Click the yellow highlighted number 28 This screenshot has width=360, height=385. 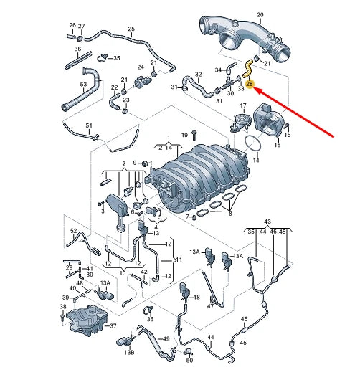pyautogui.click(x=249, y=85)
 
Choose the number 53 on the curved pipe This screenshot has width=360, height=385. pyautogui.click(x=83, y=85)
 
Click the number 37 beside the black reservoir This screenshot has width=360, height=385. pyautogui.click(x=112, y=325)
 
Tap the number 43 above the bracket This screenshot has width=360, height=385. pyautogui.click(x=268, y=222)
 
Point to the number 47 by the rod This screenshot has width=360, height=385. pyautogui.click(x=210, y=305)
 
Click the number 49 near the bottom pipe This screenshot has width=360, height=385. pyautogui.click(x=166, y=338)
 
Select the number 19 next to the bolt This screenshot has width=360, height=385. pyautogui.click(x=184, y=134)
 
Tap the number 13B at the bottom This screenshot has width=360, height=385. pyautogui.click(x=129, y=353)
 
